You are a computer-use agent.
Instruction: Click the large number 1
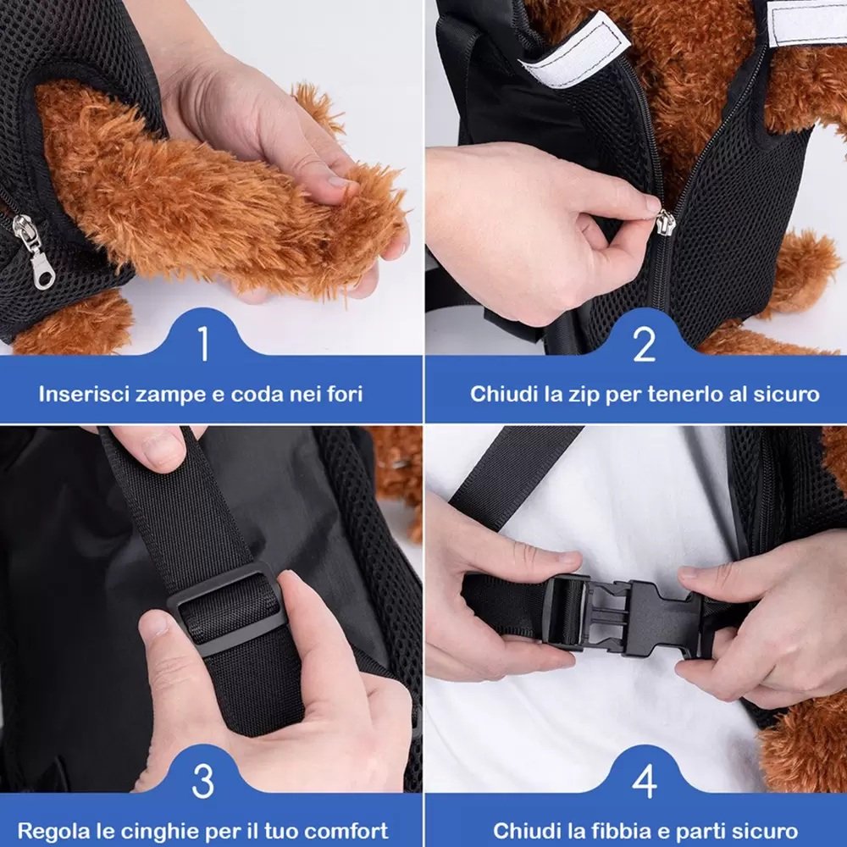click(x=203, y=343)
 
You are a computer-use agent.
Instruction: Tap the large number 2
click(x=644, y=343)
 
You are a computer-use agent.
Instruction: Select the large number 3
click(x=203, y=781)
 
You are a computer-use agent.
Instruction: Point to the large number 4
click(x=645, y=781)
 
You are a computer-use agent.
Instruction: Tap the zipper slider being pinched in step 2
click(x=665, y=222)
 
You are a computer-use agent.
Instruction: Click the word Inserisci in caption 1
click(x=84, y=395)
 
